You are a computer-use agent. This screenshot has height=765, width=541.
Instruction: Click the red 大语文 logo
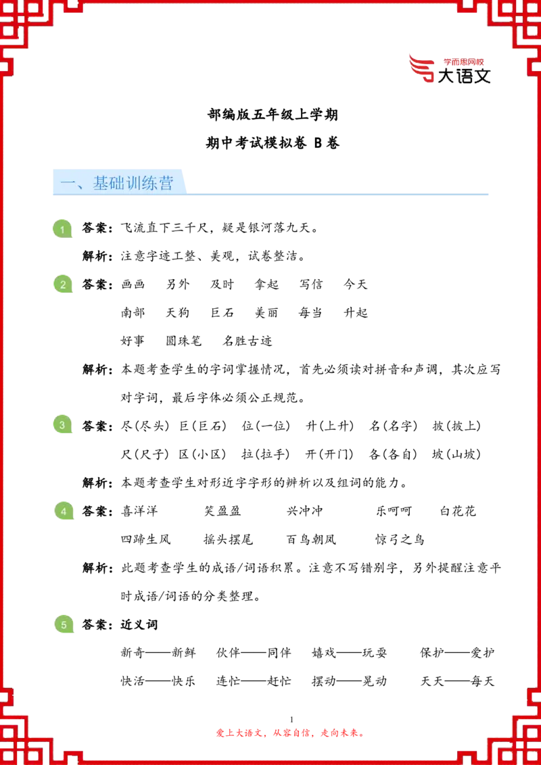[449, 70]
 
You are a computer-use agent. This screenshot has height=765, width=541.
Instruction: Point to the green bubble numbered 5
[63, 624]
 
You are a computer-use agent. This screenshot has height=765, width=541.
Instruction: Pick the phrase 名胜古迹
[247, 341]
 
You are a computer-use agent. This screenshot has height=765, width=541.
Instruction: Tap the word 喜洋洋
[139, 512]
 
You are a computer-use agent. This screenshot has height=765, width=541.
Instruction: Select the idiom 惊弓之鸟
[400, 539]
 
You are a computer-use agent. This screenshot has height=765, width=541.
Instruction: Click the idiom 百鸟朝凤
[312, 539]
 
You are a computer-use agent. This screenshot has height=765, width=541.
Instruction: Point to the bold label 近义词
[139, 624]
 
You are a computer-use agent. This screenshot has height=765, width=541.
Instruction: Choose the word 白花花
[458, 512]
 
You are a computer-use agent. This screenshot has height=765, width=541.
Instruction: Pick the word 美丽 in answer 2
[266, 313]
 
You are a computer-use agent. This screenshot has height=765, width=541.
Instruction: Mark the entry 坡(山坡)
[456, 454]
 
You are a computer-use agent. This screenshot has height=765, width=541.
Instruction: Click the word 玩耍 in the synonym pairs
[374, 653]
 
